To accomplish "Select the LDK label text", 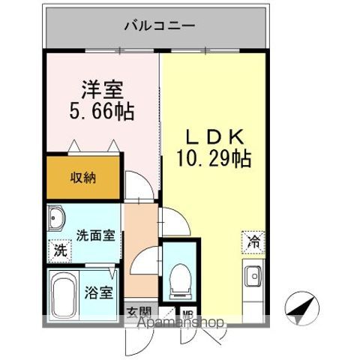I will (x=212, y=138).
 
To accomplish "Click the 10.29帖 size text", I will (x=212, y=160).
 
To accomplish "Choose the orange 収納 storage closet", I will (x=82, y=178).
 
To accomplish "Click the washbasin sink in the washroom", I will (x=58, y=220).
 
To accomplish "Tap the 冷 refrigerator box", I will (x=254, y=241).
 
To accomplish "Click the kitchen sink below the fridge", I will (x=253, y=276).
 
